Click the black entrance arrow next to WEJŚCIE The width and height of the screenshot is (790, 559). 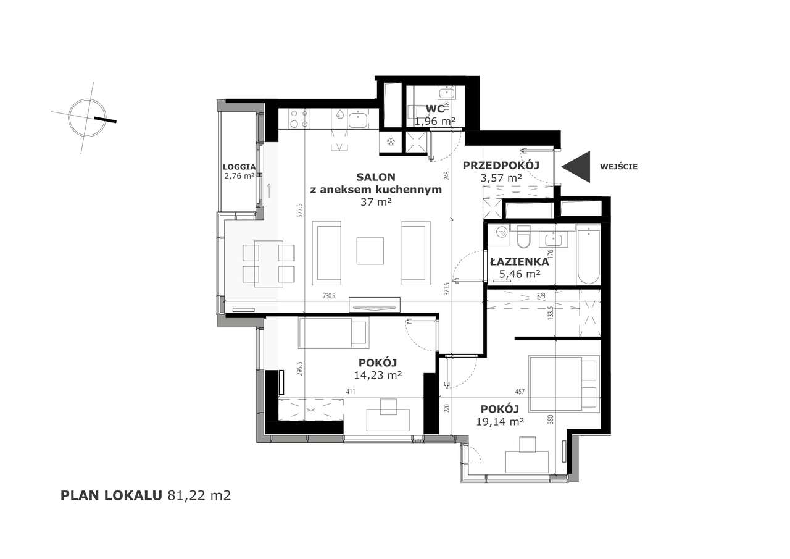click(x=578, y=167)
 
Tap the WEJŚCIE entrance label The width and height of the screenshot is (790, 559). click(x=618, y=166)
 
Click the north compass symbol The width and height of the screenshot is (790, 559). click(x=86, y=117)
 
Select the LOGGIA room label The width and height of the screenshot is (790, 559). click(x=239, y=167)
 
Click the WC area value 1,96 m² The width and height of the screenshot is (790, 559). click(x=435, y=121)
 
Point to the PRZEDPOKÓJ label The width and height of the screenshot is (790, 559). click(x=501, y=165)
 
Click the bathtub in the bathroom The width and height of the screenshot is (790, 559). click(x=589, y=254)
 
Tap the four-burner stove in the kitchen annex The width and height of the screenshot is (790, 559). click(x=299, y=117)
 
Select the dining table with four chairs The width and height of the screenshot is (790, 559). click(x=268, y=263)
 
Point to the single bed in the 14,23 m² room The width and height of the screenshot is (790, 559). click(x=333, y=332)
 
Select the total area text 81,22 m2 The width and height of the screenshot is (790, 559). click(x=199, y=495)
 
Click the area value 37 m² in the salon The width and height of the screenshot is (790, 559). click(x=377, y=201)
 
